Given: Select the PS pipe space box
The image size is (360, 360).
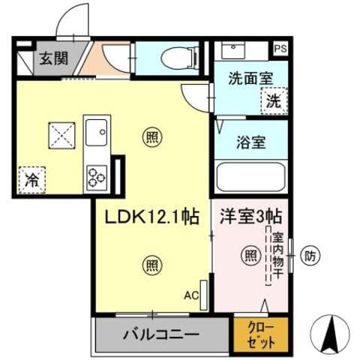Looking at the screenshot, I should click(x=280, y=49).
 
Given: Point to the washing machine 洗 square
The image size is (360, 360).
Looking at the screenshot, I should click(x=272, y=102).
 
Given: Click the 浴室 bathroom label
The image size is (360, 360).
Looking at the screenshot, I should click(x=250, y=142).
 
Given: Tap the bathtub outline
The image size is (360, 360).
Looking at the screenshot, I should click(x=250, y=178).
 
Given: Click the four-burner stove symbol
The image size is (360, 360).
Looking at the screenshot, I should click(x=97, y=175).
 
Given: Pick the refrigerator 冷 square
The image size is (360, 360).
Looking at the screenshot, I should click(x=31, y=180).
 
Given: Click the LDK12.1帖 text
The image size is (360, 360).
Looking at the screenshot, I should click(x=151, y=217).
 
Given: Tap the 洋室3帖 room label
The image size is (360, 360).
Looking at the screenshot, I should click(x=250, y=217).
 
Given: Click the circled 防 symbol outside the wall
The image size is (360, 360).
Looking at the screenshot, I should click(x=310, y=256).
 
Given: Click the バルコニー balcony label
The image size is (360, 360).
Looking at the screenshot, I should click(x=160, y=332).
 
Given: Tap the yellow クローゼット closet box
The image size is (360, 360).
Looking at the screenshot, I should click(x=260, y=334).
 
